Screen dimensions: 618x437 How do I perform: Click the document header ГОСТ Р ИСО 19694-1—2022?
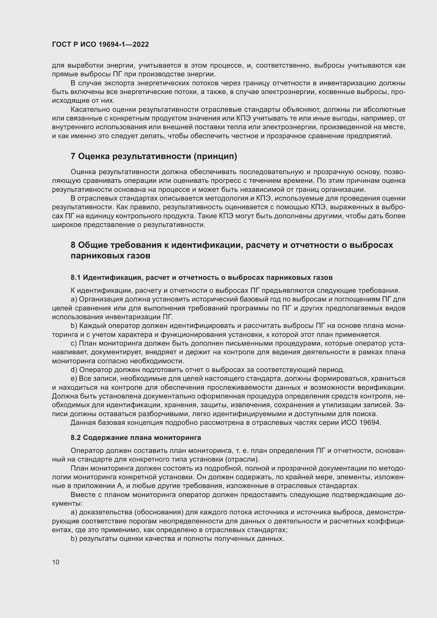tap(100, 44)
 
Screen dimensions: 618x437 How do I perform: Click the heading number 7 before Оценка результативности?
tap(73, 156)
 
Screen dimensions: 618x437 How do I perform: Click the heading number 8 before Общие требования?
tap(73, 245)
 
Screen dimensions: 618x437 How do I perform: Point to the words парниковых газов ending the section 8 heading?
tap(110, 256)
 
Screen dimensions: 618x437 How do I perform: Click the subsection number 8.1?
tap(76, 277)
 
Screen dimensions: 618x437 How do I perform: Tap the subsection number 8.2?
tap(76, 438)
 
